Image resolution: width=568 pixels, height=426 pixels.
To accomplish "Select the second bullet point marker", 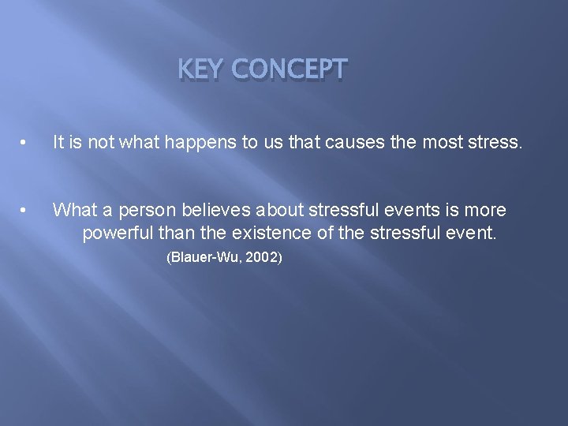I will click(x=26, y=210).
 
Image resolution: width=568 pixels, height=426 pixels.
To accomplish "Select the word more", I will click(x=488, y=210).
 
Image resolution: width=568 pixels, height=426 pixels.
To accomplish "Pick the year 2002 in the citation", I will click(x=261, y=257).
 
